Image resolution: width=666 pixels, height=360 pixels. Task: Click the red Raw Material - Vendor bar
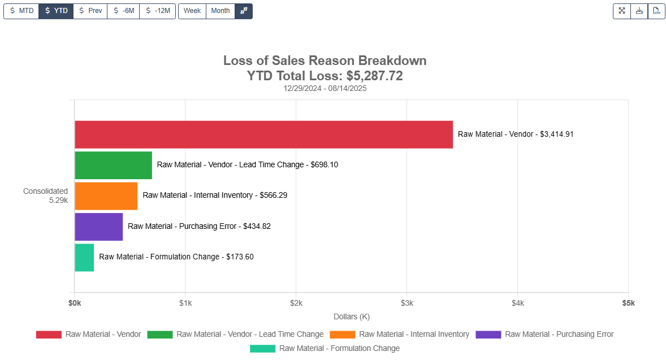pos(263,135)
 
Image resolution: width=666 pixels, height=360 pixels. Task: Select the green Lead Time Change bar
pos(113,165)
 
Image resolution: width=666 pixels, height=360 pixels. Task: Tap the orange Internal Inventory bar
pos(106,196)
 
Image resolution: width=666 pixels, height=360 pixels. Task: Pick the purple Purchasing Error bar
pos(98,226)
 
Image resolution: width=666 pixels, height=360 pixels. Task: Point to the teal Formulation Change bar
pos(84,257)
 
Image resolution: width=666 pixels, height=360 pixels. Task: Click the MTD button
pos(21,11)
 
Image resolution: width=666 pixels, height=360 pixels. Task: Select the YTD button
pos(56,11)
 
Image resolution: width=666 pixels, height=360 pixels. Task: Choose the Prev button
pos(90,11)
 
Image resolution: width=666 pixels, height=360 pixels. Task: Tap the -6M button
pos(123,11)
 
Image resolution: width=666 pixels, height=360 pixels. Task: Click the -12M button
pos(158,11)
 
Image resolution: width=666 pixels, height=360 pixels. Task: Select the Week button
pos(192,11)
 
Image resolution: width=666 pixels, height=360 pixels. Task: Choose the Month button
pos(220,11)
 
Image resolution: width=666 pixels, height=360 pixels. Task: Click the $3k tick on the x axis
pos(407,303)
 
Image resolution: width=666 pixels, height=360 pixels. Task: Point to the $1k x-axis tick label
pos(185,303)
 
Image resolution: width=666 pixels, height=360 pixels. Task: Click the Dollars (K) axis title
pos(352,316)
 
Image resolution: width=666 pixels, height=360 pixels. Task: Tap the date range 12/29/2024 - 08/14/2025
pos(325,88)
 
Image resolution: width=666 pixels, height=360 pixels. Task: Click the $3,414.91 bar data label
pos(516,135)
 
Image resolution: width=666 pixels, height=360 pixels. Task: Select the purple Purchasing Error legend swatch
pos(488,335)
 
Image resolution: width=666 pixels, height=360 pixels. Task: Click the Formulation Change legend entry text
pos(339,349)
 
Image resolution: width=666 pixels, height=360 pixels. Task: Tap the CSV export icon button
pos(656,11)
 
